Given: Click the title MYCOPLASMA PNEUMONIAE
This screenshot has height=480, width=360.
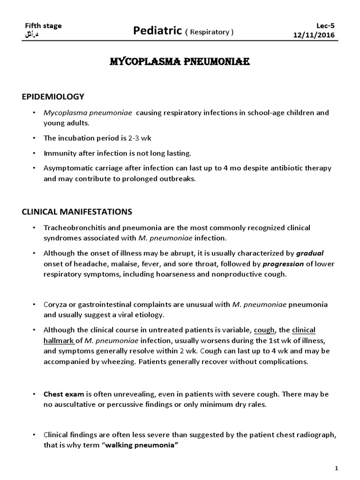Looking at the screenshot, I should click(x=180, y=62).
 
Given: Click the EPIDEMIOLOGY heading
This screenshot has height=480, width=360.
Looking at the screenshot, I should click(x=53, y=97).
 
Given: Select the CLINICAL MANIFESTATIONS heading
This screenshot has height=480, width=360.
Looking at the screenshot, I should click(x=77, y=212).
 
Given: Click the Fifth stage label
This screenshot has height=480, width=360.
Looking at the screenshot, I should click(x=43, y=26).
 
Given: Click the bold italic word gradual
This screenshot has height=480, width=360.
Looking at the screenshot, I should click(x=310, y=253).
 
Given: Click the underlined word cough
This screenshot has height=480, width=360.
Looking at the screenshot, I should click(x=264, y=330).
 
